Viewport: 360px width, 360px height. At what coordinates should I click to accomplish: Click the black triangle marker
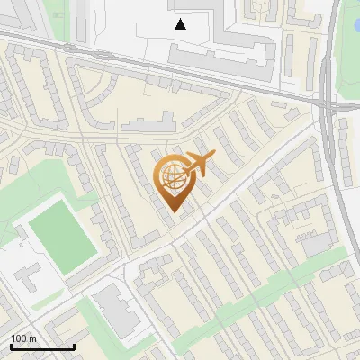click(x=181, y=24)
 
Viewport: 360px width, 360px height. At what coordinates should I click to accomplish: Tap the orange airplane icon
click(x=198, y=165)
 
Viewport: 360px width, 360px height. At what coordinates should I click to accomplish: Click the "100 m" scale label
click(x=23, y=338)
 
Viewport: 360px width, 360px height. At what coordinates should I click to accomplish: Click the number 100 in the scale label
click(x=18, y=338)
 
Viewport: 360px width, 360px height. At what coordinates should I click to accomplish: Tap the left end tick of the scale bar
click(x=11, y=346)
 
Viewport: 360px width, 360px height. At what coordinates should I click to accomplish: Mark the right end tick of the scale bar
click(x=74, y=346)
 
